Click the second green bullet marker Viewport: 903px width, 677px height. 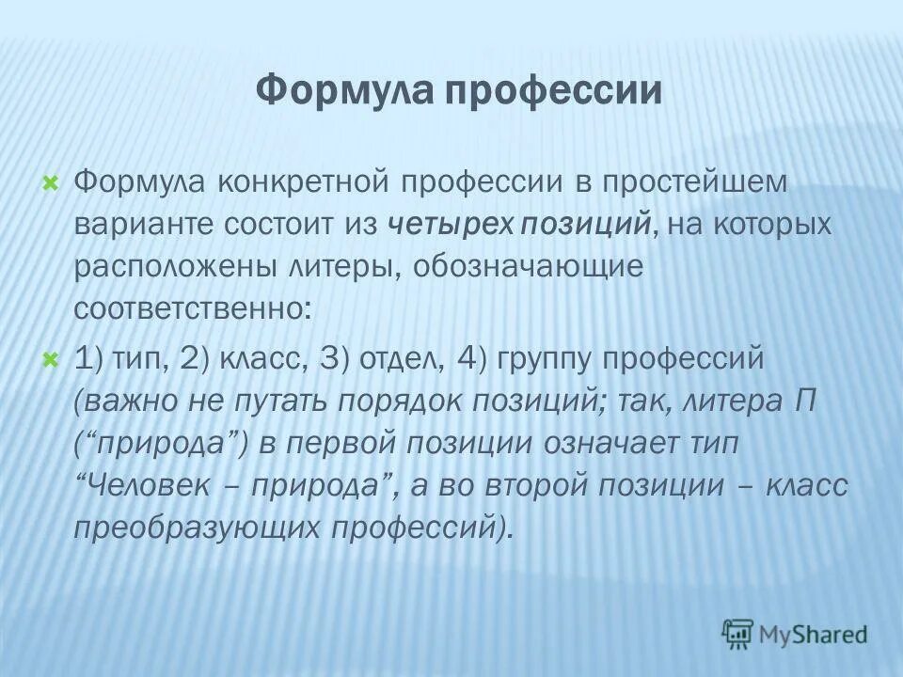pyautogui.click(x=52, y=358)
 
